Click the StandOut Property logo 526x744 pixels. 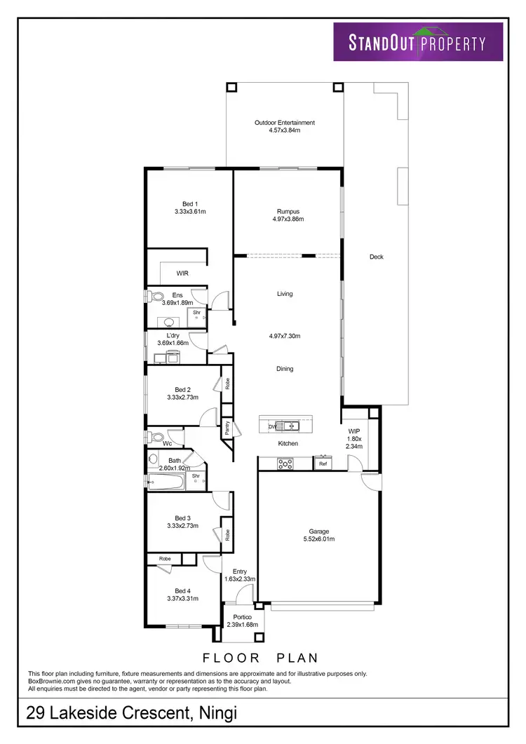[x=417, y=41]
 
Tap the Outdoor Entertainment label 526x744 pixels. [x=284, y=123]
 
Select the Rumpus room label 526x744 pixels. [x=288, y=211]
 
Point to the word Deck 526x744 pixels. [x=377, y=257]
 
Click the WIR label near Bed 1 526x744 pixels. [x=182, y=273]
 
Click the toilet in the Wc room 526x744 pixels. [x=154, y=436]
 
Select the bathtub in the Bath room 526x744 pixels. [x=166, y=481]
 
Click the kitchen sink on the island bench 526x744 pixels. [x=288, y=426]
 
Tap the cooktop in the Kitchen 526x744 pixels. [x=285, y=463]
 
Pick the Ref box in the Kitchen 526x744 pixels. [x=323, y=464]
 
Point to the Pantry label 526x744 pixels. [x=228, y=428]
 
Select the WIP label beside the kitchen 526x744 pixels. [x=353, y=432]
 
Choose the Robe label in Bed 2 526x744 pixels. [x=227, y=384]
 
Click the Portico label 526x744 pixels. [x=243, y=617]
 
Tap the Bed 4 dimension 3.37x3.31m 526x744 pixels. [x=182, y=598]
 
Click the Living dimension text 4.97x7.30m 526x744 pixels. [x=284, y=336]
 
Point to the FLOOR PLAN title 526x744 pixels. [x=261, y=658]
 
